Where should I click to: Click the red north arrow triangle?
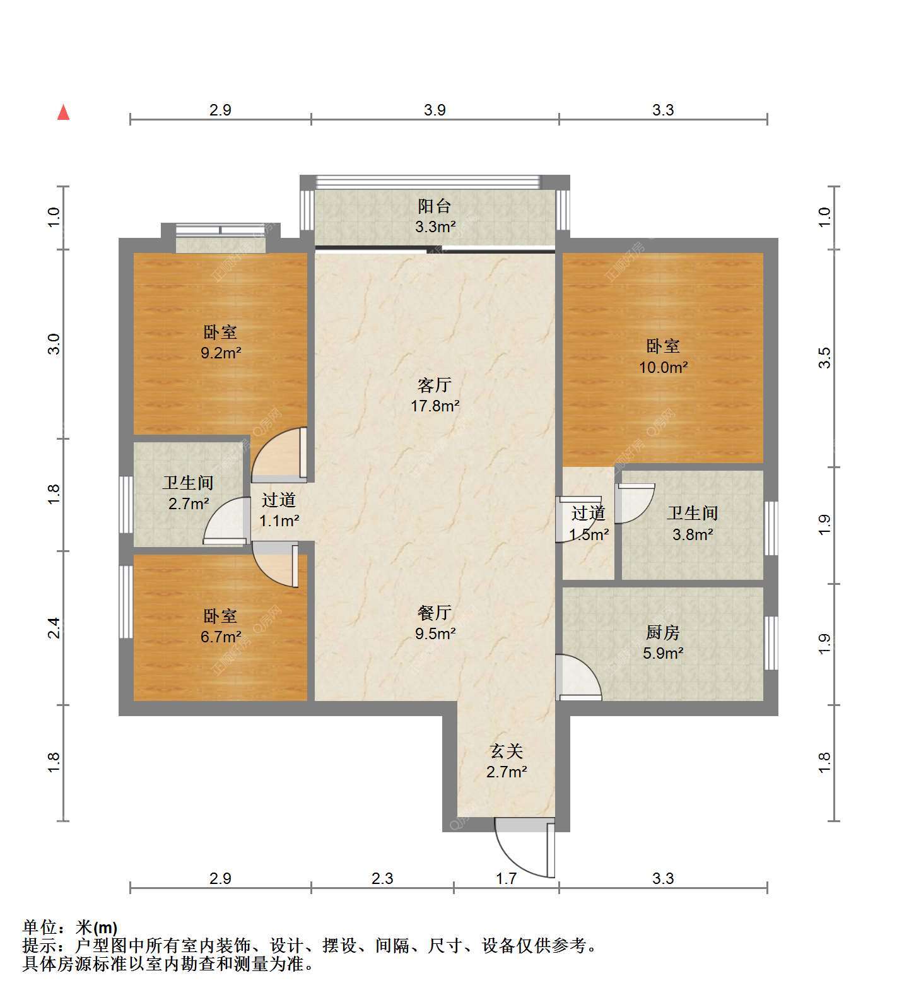coord(63,112)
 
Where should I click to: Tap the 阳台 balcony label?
coord(435,206)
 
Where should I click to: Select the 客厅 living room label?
coord(435,385)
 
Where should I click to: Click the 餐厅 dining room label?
coord(435,613)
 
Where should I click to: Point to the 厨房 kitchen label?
coord(662,632)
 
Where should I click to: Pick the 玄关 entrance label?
coord(507,751)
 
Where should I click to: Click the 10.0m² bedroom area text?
coord(663,367)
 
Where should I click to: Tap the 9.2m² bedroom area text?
coord(221,353)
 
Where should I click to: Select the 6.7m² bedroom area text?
coord(221,637)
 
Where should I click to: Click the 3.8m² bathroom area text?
coord(693,535)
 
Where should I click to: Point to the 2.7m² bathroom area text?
coord(189,504)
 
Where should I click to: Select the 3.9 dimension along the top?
coord(435,110)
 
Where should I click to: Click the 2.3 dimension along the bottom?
coord(382,878)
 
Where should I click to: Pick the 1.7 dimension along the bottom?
coord(506,878)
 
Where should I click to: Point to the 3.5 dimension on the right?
coord(825,358)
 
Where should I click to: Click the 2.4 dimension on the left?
coord(55,628)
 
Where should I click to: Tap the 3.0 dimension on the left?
coord(55,344)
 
